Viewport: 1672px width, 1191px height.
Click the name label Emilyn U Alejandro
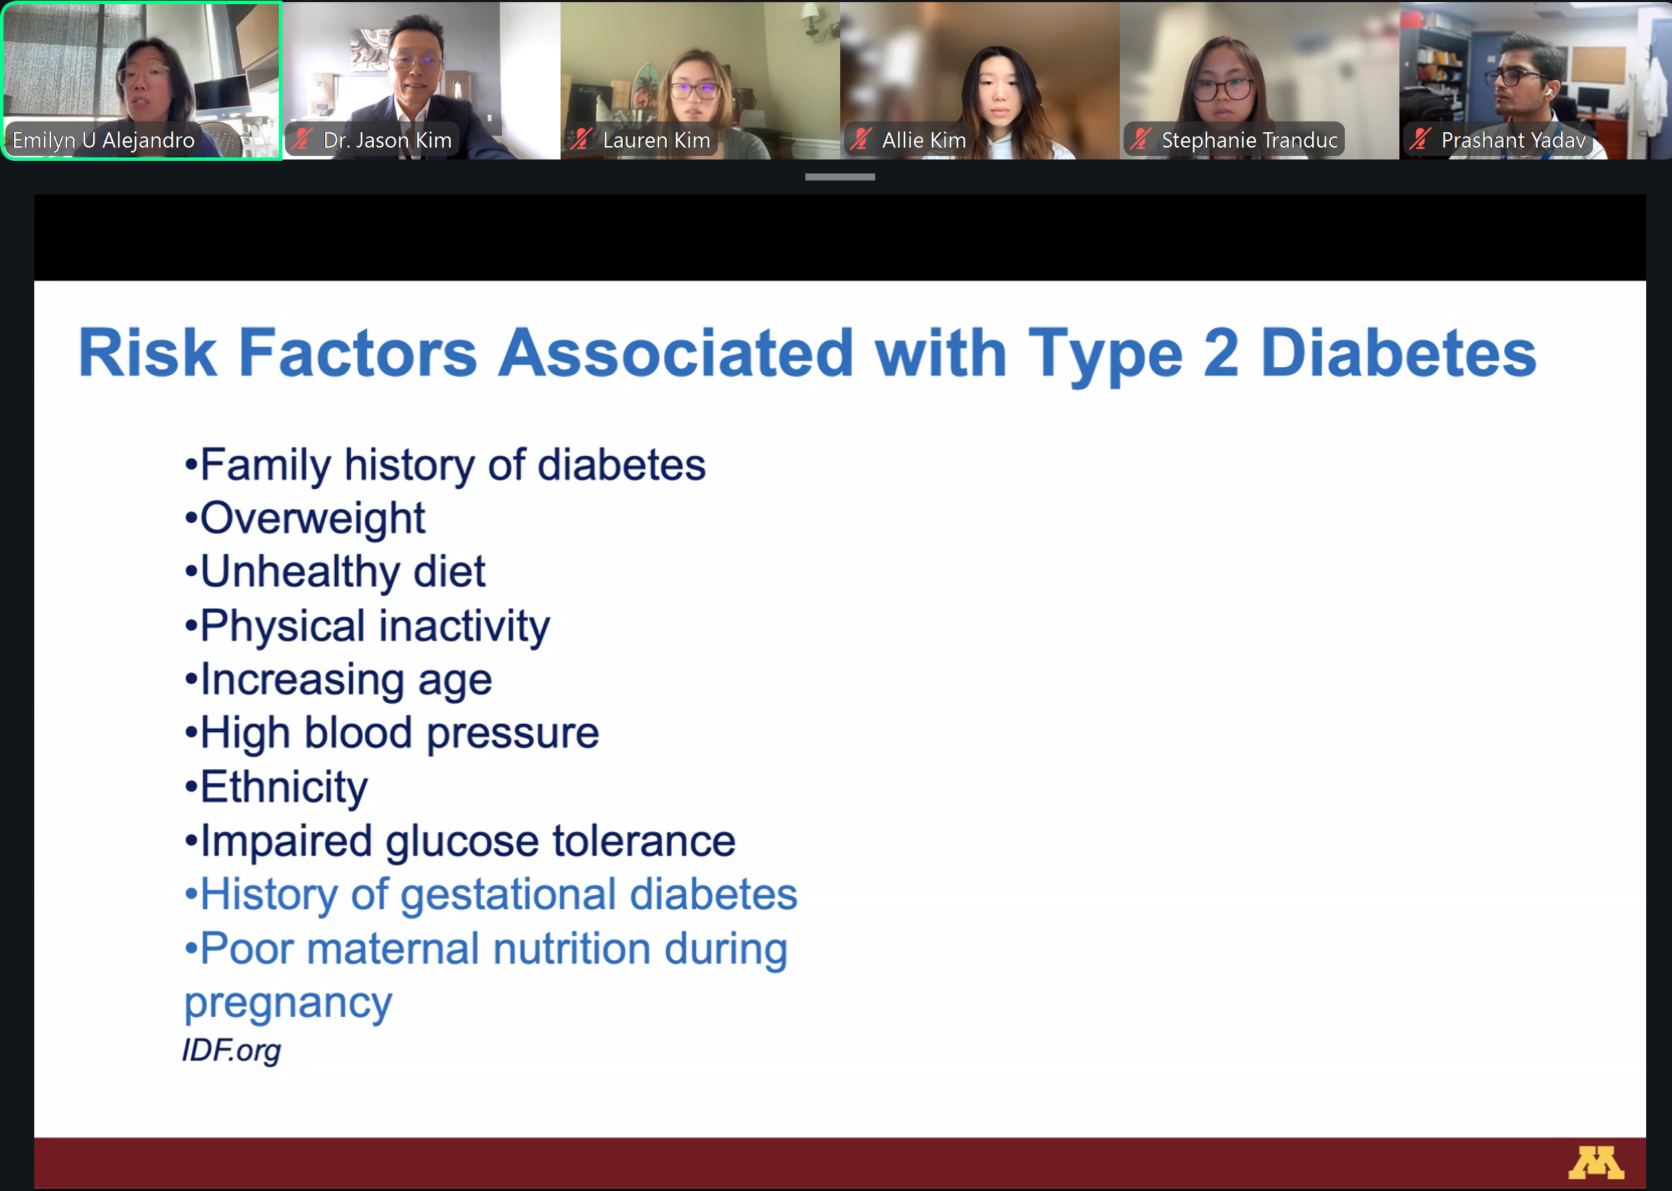(x=103, y=140)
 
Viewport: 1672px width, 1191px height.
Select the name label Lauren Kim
(x=656, y=140)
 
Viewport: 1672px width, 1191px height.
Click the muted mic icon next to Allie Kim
(x=861, y=138)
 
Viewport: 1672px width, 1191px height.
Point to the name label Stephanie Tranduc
(x=1249, y=140)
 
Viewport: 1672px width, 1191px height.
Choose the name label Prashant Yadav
(x=1513, y=140)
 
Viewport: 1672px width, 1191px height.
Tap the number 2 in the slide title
(x=1220, y=352)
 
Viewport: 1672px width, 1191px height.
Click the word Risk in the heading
(x=147, y=352)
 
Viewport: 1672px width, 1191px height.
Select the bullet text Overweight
(x=312, y=518)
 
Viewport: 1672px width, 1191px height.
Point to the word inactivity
(x=464, y=627)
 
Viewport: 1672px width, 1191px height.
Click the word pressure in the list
(x=512, y=734)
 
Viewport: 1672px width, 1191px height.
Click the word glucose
(x=462, y=841)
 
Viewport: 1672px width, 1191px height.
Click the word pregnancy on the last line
(x=288, y=1004)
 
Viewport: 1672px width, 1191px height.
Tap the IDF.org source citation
(x=231, y=1050)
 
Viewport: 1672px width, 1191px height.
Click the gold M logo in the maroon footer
(x=1596, y=1162)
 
